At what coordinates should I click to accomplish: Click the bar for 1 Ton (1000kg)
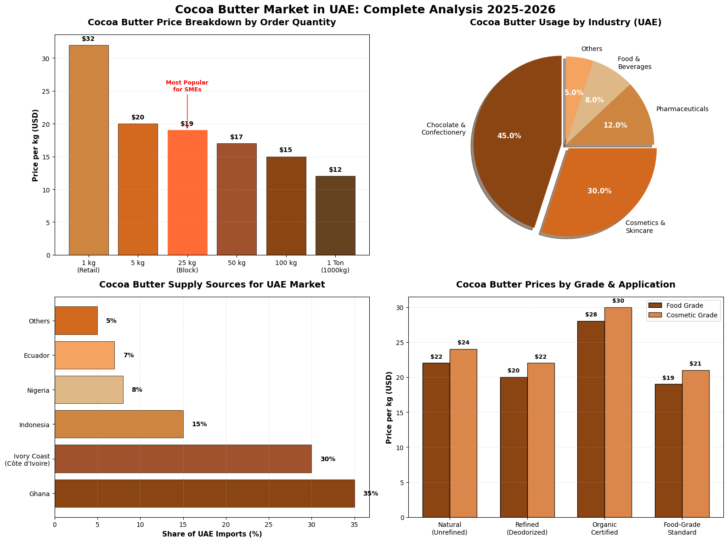click(x=335, y=215)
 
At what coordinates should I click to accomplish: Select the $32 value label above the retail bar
click(x=88, y=39)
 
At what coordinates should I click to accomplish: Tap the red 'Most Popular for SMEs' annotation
click(x=187, y=86)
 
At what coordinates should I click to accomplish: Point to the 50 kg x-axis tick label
click(x=237, y=263)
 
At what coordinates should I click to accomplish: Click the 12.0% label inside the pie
click(x=615, y=125)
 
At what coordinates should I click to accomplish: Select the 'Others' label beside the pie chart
click(x=592, y=49)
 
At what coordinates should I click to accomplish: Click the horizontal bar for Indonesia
click(x=119, y=424)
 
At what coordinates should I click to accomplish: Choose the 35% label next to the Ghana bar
click(x=370, y=494)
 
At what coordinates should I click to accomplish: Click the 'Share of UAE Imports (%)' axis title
click(x=212, y=534)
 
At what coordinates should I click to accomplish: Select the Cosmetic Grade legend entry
click(x=682, y=316)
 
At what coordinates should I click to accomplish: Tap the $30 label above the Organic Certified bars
click(x=618, y=301)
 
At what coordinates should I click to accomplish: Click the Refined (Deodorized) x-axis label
click(x=527, y=529)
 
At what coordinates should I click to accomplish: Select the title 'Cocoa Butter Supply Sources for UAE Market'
click(x=212, y=285)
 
